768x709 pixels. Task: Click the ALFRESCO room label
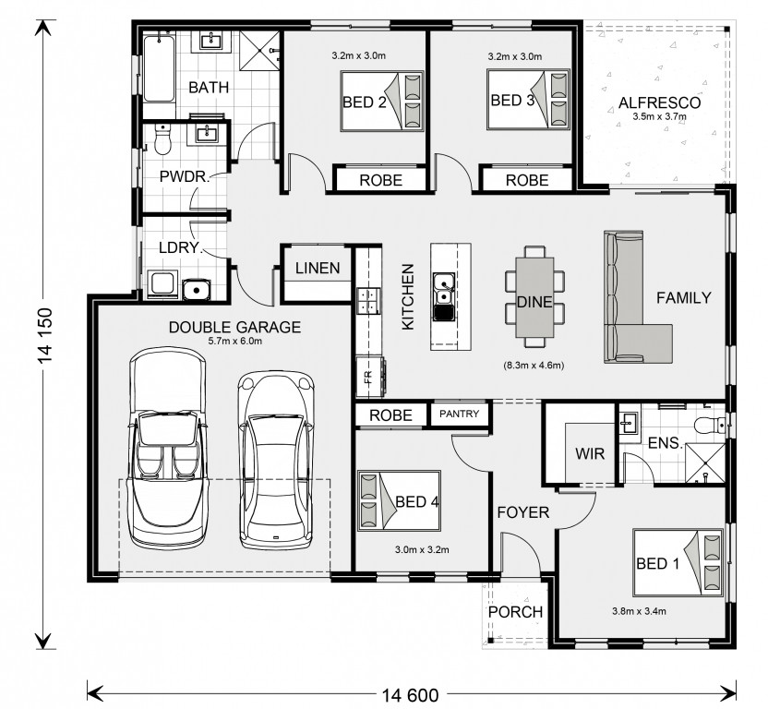[659, 102]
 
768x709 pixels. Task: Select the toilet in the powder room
[162, 138]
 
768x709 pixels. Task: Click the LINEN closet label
[318, 268]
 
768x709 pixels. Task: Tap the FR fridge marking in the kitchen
[368, 377]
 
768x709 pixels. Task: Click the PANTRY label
[459, 414]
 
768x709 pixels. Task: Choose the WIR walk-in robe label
[590, 453]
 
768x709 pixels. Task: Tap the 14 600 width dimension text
[410, 695]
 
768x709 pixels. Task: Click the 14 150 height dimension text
[45, 336]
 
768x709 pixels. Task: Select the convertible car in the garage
[168, 448]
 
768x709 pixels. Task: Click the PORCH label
[515, 612]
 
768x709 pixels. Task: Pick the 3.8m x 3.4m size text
[639, 611]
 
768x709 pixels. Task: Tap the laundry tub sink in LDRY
[197, 290]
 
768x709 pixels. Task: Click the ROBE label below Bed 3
[527, 180]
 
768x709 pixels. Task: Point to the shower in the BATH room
[259, 51]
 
